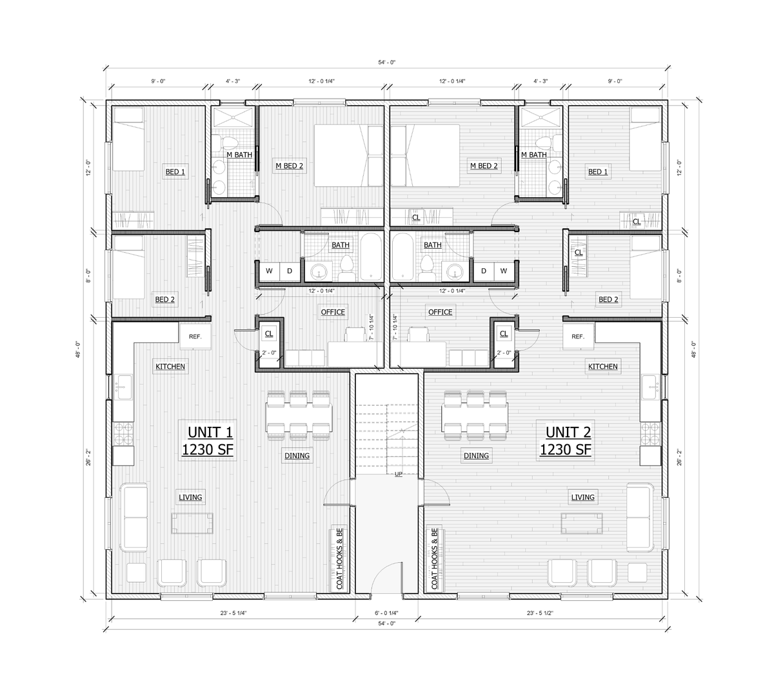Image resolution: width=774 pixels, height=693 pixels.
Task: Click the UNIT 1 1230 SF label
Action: [x=208, y=440]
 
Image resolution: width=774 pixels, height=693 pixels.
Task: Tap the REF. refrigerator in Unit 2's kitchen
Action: [x=578, y=337]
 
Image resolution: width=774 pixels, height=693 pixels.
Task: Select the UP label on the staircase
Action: [x=399, y=474]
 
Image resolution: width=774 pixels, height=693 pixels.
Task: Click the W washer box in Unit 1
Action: [x=270, y=271]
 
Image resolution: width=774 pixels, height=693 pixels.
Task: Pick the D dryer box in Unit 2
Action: [x=484, y=271]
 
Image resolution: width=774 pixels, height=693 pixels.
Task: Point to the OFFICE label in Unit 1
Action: [x=333, y=312]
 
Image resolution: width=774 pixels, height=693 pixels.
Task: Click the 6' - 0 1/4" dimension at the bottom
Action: [x=386, y=613]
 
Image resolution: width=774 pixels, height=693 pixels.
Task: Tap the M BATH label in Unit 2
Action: [x=533, y=155]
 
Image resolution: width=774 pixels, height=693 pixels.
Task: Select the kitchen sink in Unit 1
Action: [x=124, y=387]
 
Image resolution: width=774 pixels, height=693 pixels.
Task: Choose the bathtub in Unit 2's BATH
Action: [x=402, y=257]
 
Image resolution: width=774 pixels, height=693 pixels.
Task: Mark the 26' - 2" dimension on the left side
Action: [x=88, y=457]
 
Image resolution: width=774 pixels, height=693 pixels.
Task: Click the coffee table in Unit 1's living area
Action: [x=192, y=523]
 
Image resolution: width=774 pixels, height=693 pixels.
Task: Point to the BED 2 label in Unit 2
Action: [x=608, y=299]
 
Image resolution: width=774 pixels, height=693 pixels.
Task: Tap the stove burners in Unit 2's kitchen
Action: [x=650, y=434]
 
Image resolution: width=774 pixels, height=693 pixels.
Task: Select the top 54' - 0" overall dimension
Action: [x=386, y=63]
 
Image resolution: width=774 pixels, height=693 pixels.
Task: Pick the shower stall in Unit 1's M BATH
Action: [x=233, y=117]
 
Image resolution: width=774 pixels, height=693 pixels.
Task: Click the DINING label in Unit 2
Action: [x=476, y=456]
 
